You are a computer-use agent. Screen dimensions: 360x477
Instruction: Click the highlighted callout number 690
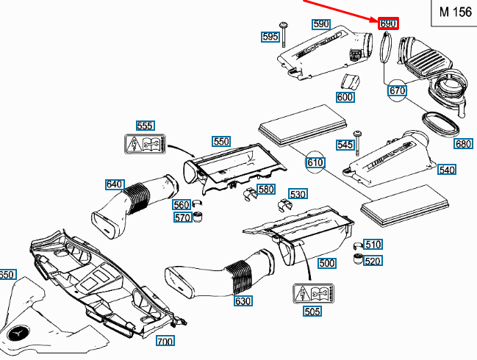[x=388, y=24]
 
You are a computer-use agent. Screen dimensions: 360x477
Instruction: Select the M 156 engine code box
[x=451, y=12]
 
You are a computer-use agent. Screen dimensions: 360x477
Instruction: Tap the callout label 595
[x=270, y=37]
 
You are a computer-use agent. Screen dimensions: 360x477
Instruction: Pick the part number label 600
[x=345, y=97]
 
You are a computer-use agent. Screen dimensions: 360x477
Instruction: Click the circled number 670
[x=397, y=90]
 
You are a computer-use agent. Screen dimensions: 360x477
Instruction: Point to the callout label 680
[x=463, y=144]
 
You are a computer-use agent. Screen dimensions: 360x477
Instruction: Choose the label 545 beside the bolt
[x=345, y=145]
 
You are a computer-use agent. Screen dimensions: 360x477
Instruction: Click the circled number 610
[x=315, y=162]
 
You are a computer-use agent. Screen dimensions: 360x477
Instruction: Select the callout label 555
[x=145, y=126]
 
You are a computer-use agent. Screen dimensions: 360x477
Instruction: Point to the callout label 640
[x=115, y=184]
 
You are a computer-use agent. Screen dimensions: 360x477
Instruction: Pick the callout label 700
[x=165, y=342]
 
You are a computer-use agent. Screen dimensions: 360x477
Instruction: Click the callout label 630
[x=243, y=301]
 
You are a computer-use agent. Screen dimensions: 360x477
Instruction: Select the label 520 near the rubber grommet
[x=373, y=261]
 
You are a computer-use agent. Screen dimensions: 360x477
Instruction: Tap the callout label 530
[x=298, y=195]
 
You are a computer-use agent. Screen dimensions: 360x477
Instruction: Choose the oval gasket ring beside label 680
[x=440, y=123]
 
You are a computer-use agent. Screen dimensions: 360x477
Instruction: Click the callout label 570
[x=182, y=217]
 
